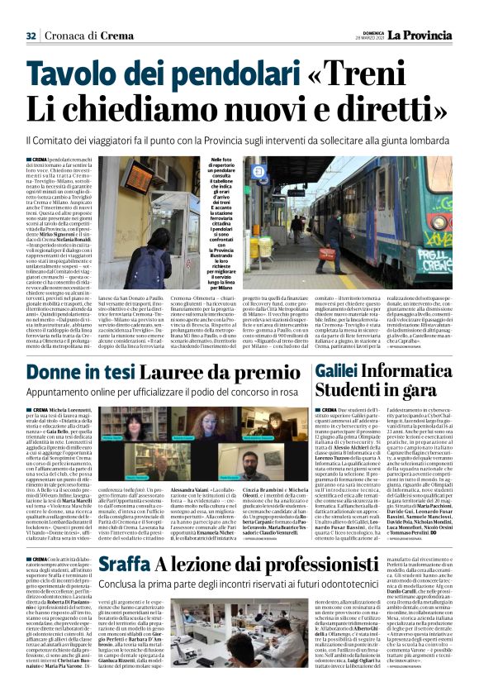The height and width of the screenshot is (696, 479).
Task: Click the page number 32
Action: coord(31,36)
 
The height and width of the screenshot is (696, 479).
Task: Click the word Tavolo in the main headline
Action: coord(70,76)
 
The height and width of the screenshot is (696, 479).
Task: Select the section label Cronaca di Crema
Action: coord(87,36)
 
